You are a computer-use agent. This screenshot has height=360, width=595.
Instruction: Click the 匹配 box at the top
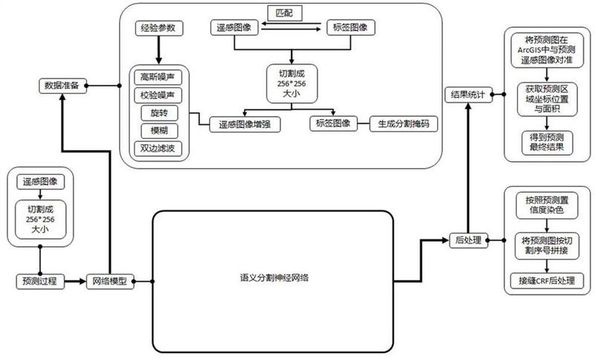point(285,13)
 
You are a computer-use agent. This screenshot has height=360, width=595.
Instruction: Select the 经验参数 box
point(159,28)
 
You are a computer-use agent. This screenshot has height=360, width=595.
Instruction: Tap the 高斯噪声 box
point(158,77)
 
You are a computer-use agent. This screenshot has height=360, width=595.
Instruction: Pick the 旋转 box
point(159,112)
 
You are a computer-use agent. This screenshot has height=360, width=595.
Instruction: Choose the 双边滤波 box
point(158,148)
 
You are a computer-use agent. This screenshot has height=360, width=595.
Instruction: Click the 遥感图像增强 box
point(245,124)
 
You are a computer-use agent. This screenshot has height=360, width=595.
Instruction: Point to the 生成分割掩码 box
point(403,123)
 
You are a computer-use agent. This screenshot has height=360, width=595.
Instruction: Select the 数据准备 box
point(62,86)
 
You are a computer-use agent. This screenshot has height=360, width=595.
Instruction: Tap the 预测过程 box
point(40,281)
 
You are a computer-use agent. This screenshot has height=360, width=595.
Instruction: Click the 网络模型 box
point(110,281)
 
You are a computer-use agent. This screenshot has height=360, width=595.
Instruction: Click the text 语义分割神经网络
point(274,277)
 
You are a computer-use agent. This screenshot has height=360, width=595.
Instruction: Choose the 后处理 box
point(469,240)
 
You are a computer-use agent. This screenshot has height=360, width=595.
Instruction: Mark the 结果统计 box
point(469,95)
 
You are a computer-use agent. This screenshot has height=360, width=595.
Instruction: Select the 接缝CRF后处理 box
point(547,280)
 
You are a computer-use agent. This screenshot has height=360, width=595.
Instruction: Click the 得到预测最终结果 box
point(547,143)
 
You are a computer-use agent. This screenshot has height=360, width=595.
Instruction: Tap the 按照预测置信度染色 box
point(547,205)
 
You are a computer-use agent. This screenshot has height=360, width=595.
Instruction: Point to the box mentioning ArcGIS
point(547,51)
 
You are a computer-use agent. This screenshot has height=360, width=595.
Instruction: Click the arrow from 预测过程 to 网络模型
point(75,281)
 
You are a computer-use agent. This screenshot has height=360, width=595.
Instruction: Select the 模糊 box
point(159,131)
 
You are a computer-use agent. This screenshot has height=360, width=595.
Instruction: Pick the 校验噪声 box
point(158,95)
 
